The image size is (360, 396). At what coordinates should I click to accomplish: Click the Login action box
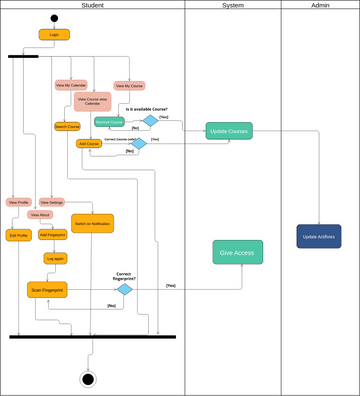54,34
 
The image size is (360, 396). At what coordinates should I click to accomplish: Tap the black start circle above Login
54,18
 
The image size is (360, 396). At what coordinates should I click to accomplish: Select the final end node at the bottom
88,379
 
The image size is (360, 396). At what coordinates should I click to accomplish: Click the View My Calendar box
70,86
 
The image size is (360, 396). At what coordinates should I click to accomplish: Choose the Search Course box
67,127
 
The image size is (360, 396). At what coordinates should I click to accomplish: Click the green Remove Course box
108,122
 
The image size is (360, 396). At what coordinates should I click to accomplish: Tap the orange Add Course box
89,144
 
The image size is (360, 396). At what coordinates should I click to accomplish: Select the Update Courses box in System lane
229,131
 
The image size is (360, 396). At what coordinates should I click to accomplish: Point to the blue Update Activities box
318,236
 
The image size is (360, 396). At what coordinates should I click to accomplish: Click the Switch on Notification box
93,223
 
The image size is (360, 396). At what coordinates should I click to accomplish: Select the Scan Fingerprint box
46,289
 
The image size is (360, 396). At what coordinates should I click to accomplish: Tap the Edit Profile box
18,235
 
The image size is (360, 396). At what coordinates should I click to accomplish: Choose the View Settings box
52,202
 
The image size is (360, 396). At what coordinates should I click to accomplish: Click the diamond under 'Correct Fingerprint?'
124,289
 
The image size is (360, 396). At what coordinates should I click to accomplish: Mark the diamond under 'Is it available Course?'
150,121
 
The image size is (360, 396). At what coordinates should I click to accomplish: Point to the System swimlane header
232,6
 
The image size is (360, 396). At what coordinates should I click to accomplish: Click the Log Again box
55,258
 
